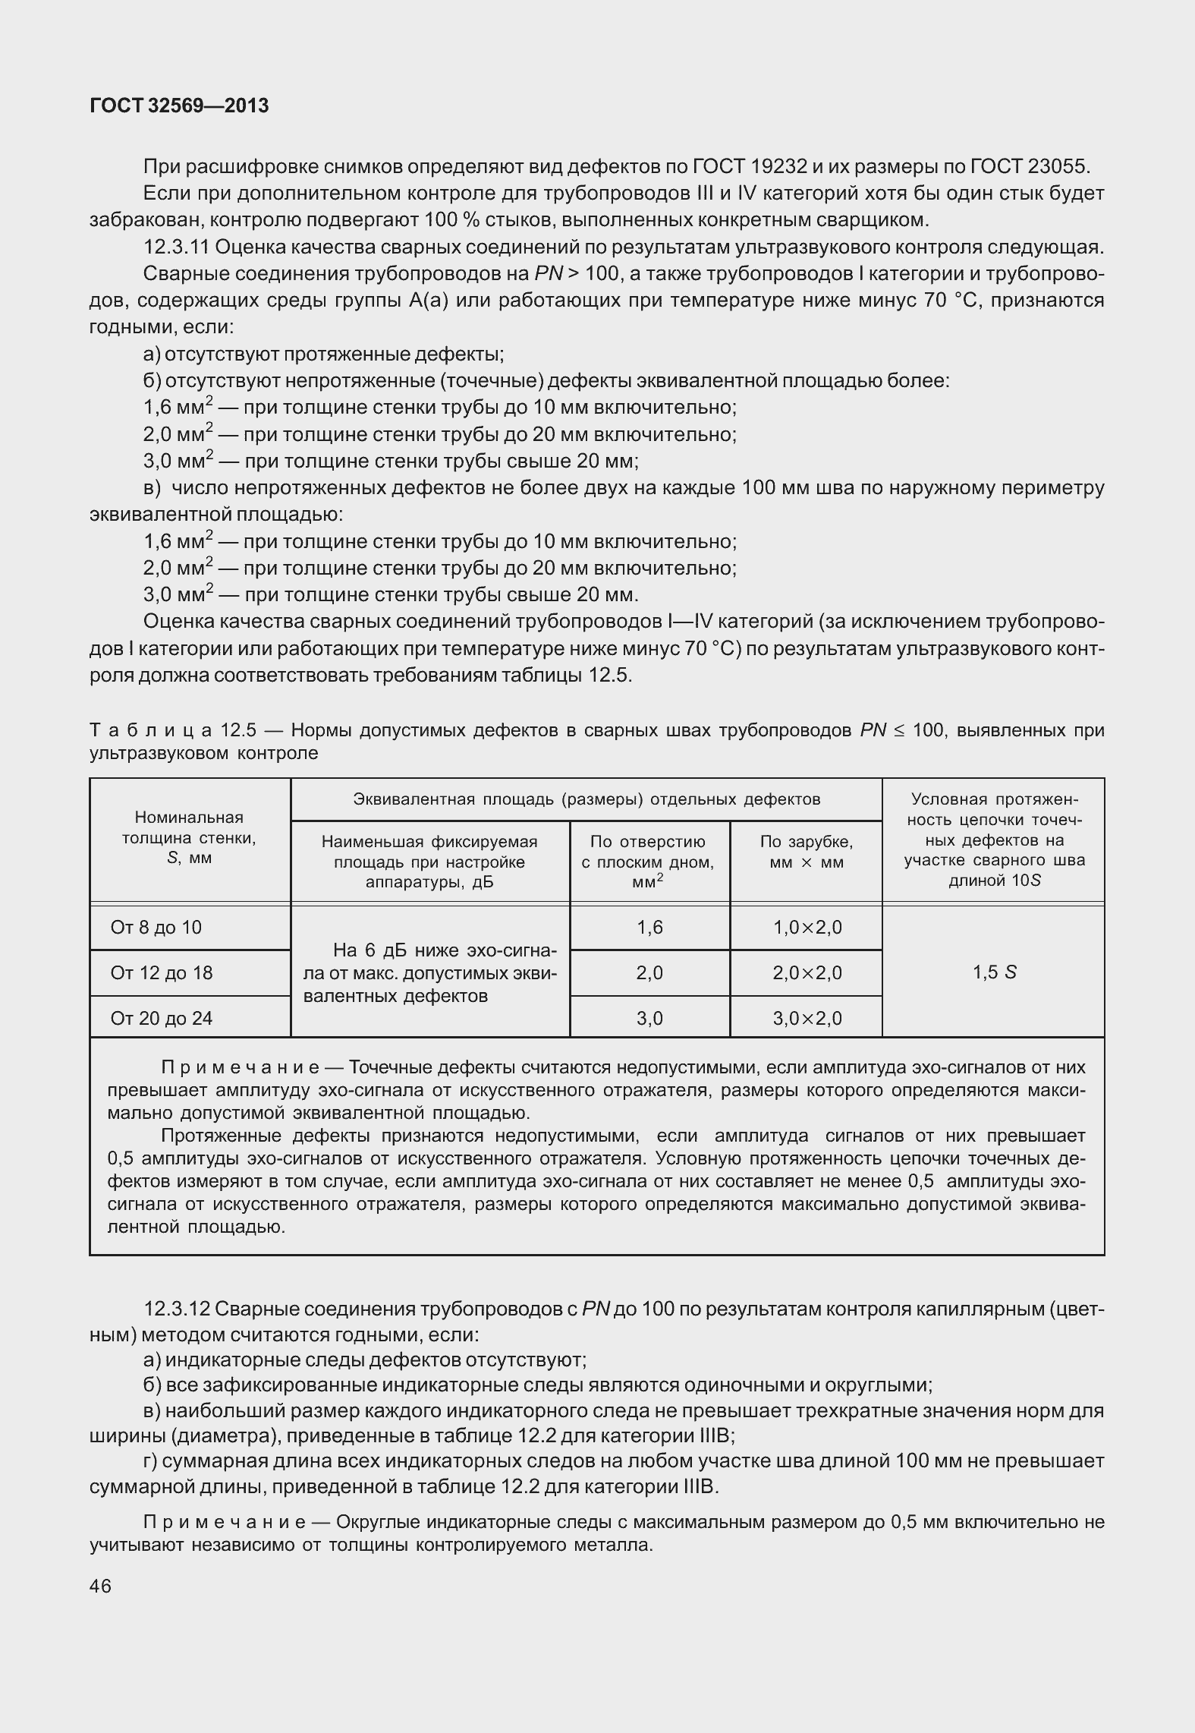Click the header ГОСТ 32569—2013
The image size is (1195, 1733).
179,106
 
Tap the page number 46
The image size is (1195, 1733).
100,1586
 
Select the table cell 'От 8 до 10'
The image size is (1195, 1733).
156,928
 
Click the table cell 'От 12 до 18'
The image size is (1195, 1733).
162,973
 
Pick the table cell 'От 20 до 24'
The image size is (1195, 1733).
162,1019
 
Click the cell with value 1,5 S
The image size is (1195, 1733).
994,972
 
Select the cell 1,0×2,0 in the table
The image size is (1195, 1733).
807,928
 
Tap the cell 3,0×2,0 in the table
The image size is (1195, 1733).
807,1019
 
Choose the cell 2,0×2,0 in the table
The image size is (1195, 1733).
807,973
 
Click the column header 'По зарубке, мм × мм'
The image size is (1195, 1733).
806,852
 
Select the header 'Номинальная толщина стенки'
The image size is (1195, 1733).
189,838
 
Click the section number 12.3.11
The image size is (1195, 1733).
179,247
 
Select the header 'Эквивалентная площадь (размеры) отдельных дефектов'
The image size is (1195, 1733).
586,799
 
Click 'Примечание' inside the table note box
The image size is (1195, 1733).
241,1068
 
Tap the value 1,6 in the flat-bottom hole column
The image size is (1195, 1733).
650,928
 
